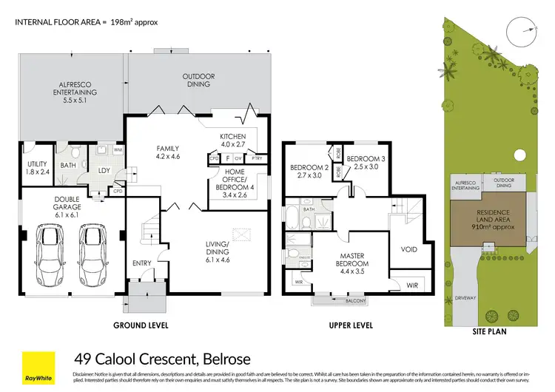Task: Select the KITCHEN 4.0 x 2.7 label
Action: click(x=237, y=141)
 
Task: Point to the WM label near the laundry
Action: click(x=118, y=150)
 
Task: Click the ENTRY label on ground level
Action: click(x=141, y=263)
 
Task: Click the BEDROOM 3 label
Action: click(x=363, y=163)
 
